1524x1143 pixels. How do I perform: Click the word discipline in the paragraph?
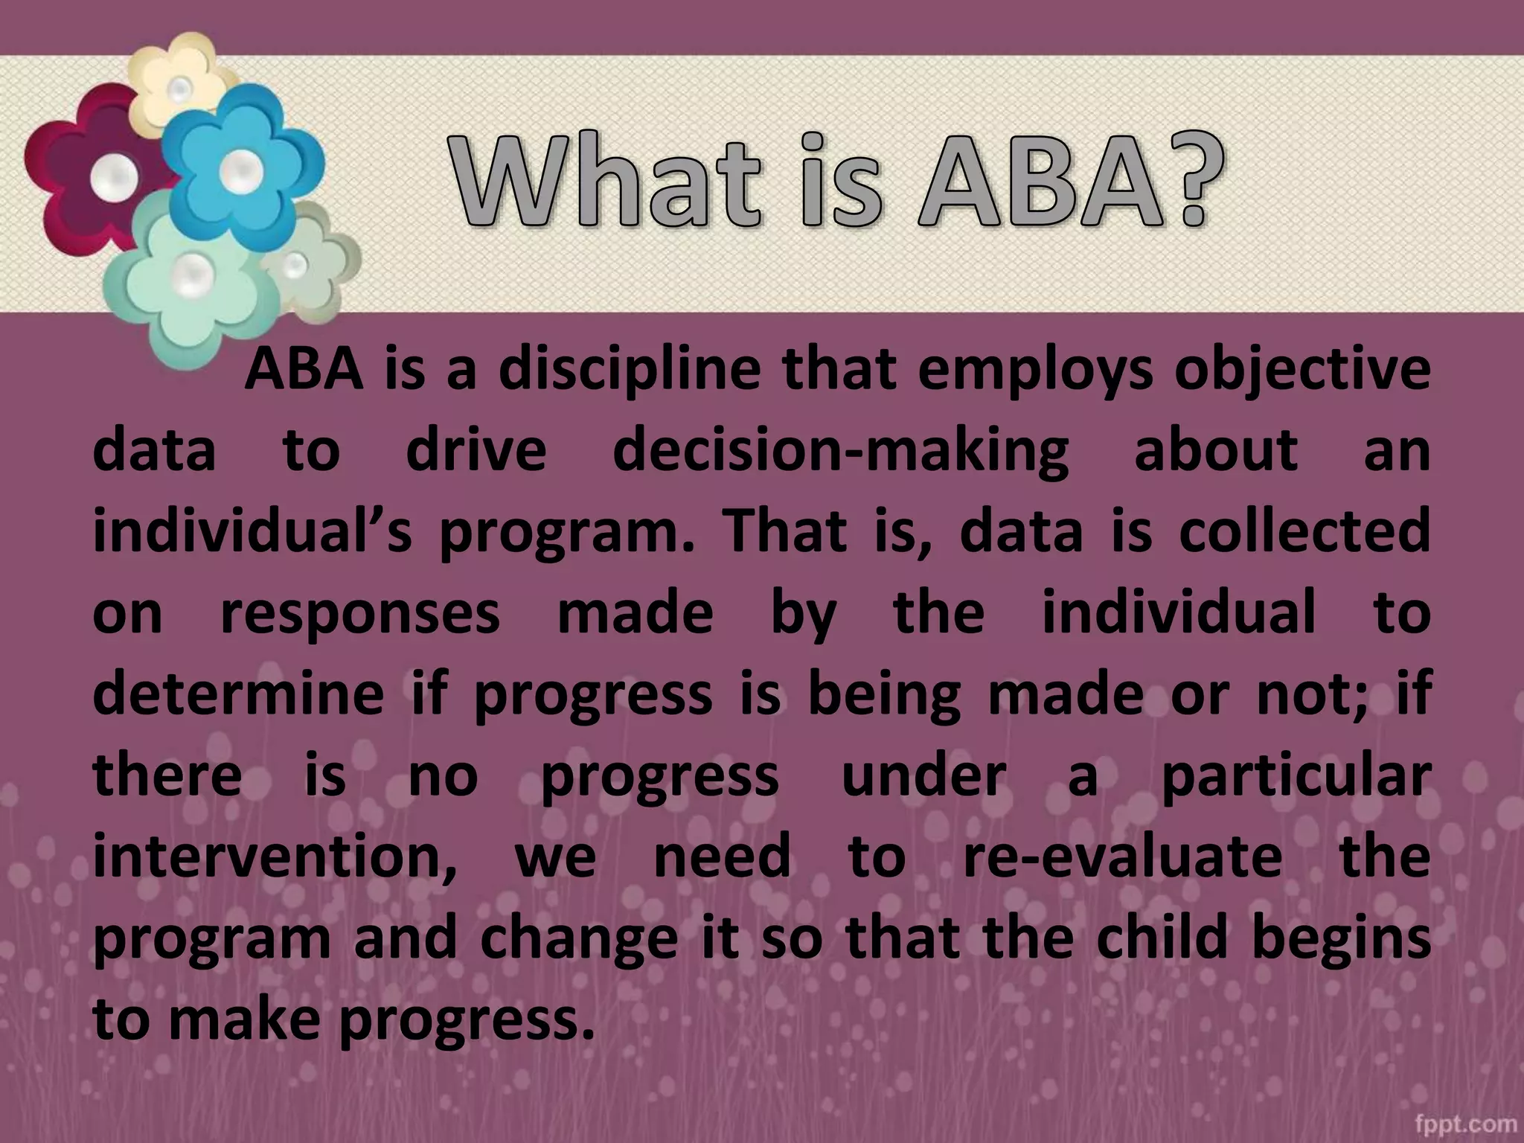tap(630, 371)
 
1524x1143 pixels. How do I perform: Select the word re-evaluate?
tap(1122, 856)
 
